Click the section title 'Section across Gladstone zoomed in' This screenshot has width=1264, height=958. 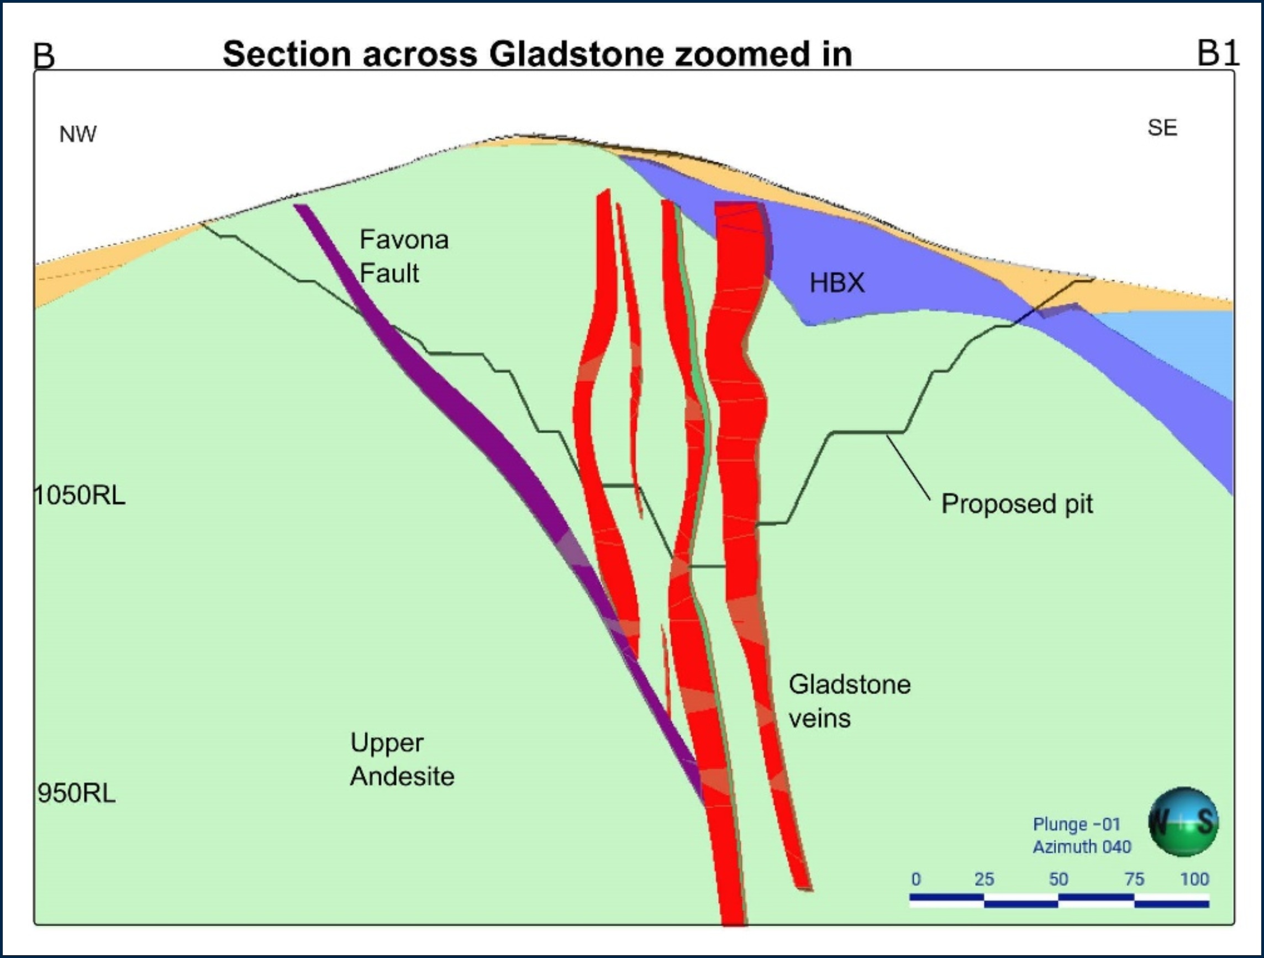click(x=537, y=54)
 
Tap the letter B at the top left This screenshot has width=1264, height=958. click(x=44, y=56)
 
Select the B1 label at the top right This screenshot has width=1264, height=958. click(x=1218, y=53)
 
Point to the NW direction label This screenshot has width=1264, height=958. click(x=78, y=134)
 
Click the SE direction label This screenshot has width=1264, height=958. click(x=1162, y=128)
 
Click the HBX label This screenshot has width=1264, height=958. click(x=836, y=283)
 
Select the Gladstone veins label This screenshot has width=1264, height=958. click(x=849, y=701)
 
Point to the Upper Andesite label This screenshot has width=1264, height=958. click(x=402, y=759)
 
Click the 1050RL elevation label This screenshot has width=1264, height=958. click(x=80, y=496)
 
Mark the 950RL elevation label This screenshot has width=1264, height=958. click(x=77, y=793)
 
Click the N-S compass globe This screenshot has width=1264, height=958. click(x=1183, y=822)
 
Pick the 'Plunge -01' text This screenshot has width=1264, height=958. click(x=1076, y=824)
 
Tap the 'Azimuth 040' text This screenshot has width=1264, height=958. click(x=1081, y=846)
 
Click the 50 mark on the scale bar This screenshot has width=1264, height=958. click(x=1058, y=879)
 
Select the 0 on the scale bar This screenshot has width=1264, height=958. click(x=916, y=879)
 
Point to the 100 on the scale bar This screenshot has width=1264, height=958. click(x=1194, y=879)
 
